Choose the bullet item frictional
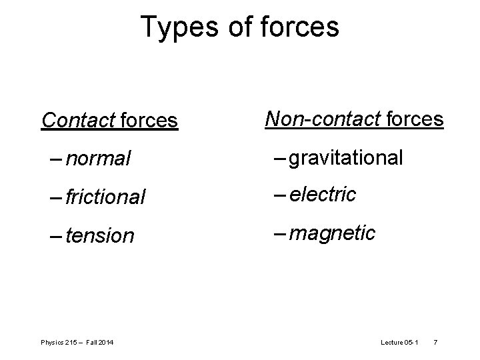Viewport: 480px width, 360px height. (105, 197)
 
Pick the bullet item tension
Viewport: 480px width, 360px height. (100, 236)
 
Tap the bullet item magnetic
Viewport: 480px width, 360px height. (333, 233)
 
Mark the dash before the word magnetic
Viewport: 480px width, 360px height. (279, 233)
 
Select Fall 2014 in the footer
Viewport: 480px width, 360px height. (99, 343)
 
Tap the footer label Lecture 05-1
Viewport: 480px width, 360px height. (399, 343)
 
